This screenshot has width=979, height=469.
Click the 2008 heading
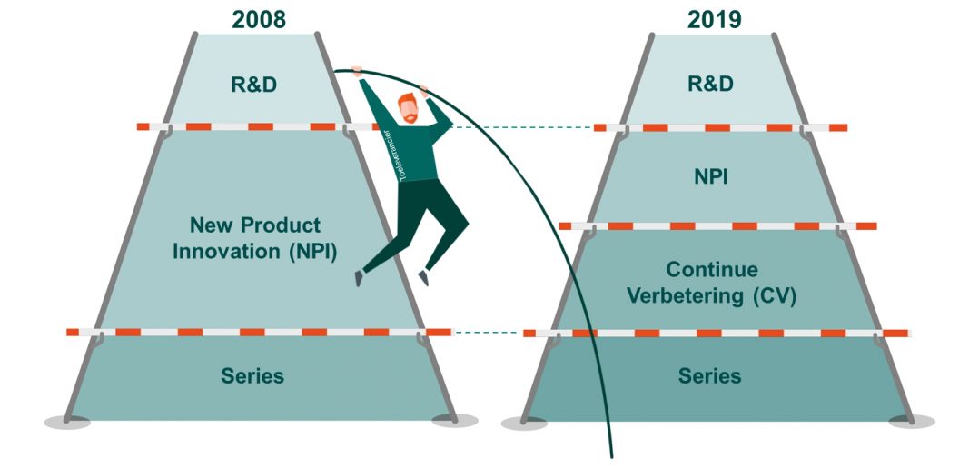click(259, 19)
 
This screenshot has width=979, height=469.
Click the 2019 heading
click(715, 19)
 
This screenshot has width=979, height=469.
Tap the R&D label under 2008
click(254, 85)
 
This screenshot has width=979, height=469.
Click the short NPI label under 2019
click(711, 176)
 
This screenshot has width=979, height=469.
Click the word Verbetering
click(686, 296)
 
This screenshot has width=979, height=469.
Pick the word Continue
click(712, 270)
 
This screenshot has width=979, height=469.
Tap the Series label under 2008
click(252, 376)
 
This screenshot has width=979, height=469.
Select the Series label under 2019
click(710, 376)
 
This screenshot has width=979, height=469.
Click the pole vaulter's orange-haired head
click(408, 108)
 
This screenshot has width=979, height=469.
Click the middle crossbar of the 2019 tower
click(717, 225)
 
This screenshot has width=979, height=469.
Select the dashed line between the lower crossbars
click(487, 333)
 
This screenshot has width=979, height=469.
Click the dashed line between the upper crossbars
click(520, 126)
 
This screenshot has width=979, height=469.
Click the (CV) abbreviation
click(773, 296)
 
